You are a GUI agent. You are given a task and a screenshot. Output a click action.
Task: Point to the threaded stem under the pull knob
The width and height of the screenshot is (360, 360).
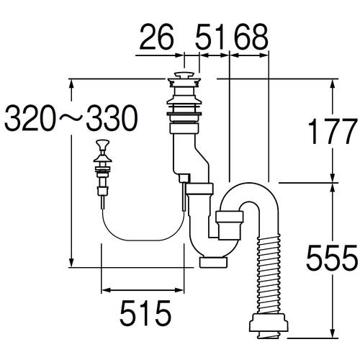[x=102, y=180]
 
